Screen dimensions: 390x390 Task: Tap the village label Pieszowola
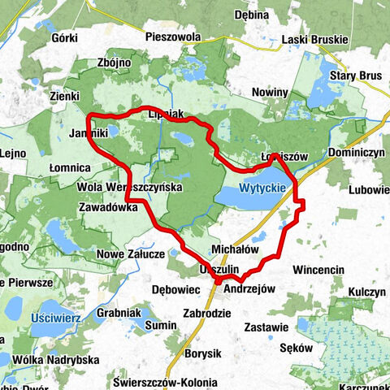[x=171, y=37]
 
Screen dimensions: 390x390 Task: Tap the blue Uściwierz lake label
[x=56, y=318]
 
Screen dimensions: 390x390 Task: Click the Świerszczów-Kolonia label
[x=171, y=382]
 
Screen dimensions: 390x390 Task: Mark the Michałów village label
[x=234, y=249]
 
